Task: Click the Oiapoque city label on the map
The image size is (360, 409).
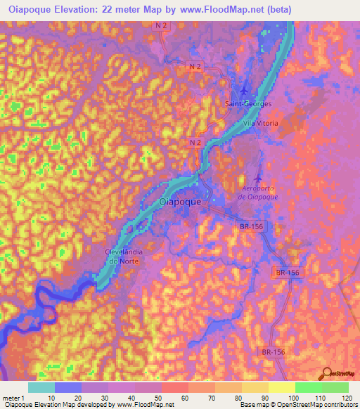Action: [x=181, y=202]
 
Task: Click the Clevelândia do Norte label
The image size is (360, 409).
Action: [x=122, y=257]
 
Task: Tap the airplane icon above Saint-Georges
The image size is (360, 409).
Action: [x=244, y=91]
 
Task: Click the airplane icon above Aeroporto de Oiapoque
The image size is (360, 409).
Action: [x=257, y=178]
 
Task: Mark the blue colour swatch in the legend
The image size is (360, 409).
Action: [x=68, y=387]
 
